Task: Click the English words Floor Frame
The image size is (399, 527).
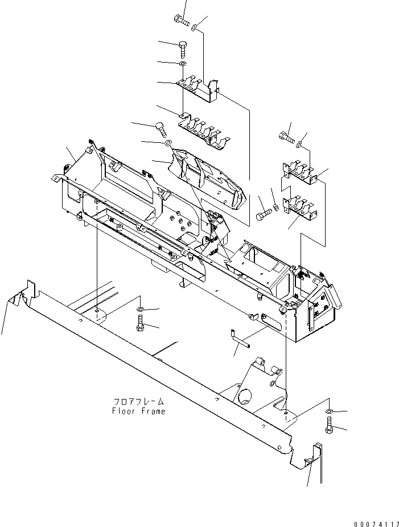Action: point(139,411)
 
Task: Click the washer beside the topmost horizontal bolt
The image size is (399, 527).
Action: point(195,26)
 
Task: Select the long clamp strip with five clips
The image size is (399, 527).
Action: point(202,134)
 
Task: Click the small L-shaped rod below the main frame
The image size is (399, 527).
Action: point(239,339)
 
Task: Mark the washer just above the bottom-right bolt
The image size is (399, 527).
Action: point(331,410)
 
